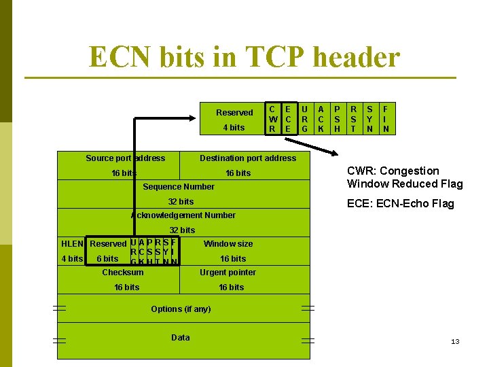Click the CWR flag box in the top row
coord(272,118)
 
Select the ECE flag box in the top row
coord(288,118)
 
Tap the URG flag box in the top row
coord(304,118)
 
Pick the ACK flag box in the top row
coord(321,118)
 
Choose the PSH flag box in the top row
coord(337,118)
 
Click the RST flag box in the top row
coord(353,118)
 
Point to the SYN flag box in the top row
coord(369,118)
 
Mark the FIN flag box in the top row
coord(386,118)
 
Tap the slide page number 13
coord(455,341)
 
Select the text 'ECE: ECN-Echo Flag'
coord(400,204)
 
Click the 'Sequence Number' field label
coord(179,187)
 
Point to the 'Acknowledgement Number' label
coord(183,215)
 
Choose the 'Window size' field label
coord(228,243)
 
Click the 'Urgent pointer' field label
coord(228,273)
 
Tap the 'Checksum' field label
coord(123,273)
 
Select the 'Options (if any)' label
coord(181,309)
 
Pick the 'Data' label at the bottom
coord(181,338)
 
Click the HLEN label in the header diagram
coord(72,243)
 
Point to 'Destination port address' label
coord(248,158)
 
